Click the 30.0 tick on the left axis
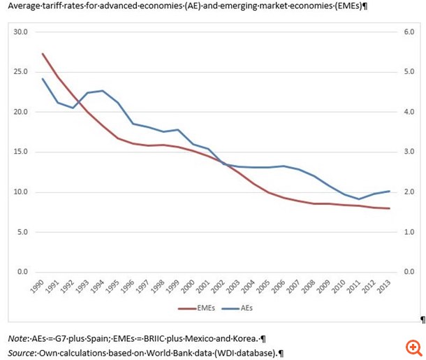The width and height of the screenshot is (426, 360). [20, 32]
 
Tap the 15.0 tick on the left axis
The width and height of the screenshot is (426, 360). [20, 152]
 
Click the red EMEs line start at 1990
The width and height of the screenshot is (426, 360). [43, 54]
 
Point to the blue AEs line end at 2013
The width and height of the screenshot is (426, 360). [389, 191]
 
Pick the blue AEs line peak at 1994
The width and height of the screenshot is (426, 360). [103, 91]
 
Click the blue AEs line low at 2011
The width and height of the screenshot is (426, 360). [359, 199]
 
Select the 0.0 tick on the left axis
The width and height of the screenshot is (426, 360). [22, 271]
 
